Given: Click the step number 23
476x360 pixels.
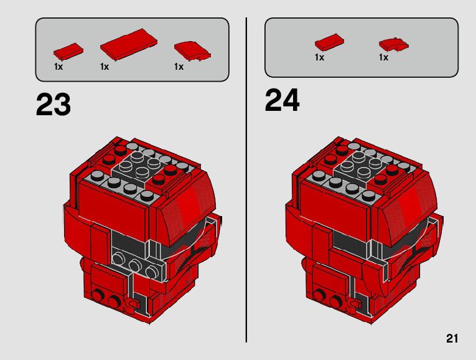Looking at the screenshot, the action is coord(54,104).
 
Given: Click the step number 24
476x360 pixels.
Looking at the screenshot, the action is coord(282,100).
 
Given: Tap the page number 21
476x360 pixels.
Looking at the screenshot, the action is coord(452,338).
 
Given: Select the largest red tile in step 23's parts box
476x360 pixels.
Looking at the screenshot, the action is coord(129,44).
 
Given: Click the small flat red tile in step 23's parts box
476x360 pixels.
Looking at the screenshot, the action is coord(68,51).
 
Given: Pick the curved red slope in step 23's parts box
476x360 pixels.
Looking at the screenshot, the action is coord(192,50).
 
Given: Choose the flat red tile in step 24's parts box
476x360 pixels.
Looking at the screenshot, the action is coord(329,42).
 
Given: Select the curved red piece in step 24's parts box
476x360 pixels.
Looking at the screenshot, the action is coord(393,45).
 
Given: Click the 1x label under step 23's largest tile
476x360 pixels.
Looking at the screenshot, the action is coord(105,67).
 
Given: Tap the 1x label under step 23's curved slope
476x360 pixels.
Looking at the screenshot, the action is coord(179,67).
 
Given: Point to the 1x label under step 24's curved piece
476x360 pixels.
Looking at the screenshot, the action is coord(383,57).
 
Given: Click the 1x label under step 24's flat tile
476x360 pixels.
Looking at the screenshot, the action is coord(319,57).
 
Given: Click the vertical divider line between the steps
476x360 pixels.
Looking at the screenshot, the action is coord(246,180).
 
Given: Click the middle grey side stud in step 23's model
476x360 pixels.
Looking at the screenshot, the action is coord(134,265).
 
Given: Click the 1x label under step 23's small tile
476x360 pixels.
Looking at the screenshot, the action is coord(58,67).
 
